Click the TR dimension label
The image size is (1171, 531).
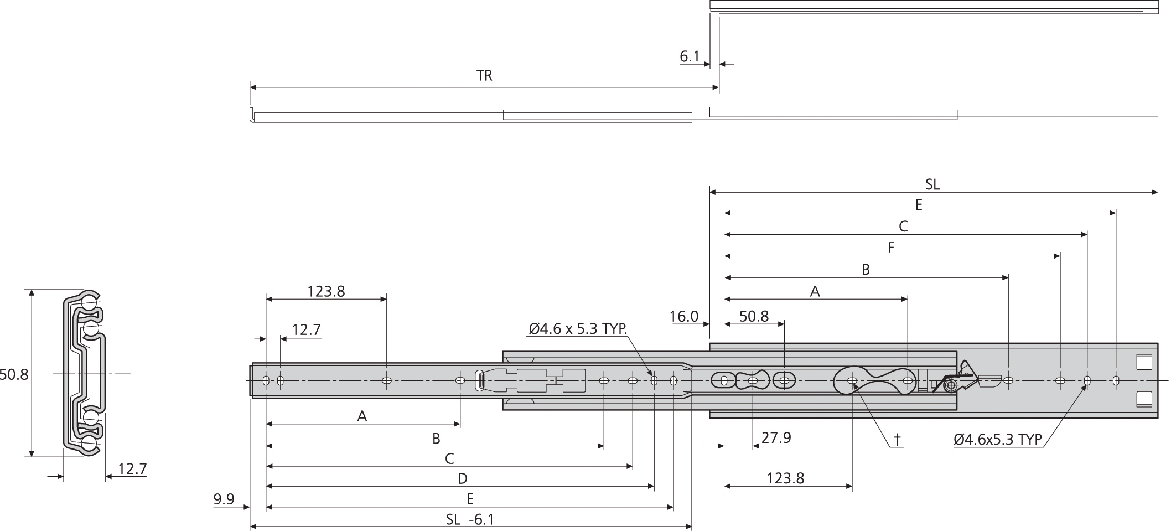click(x=484, y=76)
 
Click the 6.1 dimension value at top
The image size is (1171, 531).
click(x=690, y=56)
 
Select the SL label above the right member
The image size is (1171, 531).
click(x=932, y=184)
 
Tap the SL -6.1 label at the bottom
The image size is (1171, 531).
click(x=470, y=519)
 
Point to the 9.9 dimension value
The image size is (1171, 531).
click(x=224, y=499)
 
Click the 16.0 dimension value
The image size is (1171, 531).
click(x=683, y=317)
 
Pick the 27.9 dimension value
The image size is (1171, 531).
click(x=776, y=438)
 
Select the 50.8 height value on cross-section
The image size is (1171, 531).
click(x=13, y=375)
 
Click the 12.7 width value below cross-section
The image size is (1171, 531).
click(x=132, y=470)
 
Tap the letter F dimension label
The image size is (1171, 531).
click(x=891, y=248)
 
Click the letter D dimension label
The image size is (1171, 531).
click(x=463, y=478)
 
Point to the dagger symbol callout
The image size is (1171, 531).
click(x=897, y=440)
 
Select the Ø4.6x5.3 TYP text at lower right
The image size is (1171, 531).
click(x=998, y=440)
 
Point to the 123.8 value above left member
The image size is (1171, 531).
click(x=326, y=291)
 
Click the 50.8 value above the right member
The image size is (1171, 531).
click(x=754, y=317)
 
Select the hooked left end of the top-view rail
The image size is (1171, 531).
click(x=251, y=116)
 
